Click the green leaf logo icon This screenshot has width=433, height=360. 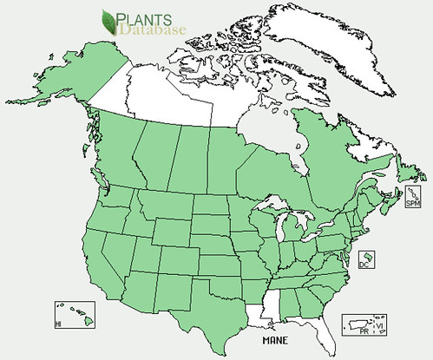click(x=110, y=21)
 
